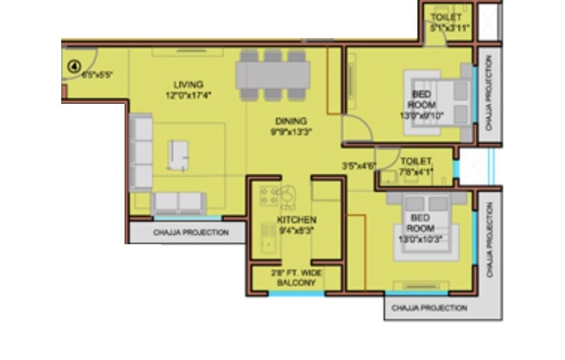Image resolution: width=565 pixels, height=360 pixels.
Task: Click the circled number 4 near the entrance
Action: point(73,66)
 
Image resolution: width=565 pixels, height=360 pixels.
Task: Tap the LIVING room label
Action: point(189,84)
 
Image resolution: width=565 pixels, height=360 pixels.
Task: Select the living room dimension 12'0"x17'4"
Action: point(189,95)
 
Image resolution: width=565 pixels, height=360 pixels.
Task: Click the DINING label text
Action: point(291,120)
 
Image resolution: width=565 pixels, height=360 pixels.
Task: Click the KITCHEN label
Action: point(296,220)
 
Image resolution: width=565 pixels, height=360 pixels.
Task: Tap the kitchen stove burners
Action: point(269,196)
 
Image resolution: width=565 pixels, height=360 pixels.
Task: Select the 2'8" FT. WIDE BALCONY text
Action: point(296,279)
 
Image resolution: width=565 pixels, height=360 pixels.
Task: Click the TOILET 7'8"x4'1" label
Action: point(416,166)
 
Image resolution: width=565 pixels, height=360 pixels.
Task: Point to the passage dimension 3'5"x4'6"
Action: point(359,166)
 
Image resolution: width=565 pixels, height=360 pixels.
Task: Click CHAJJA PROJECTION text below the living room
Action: point(191,233)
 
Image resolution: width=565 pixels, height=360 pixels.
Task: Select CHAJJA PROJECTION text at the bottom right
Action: point(429,308)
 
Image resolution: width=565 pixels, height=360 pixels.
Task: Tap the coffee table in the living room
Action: point(178,155)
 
